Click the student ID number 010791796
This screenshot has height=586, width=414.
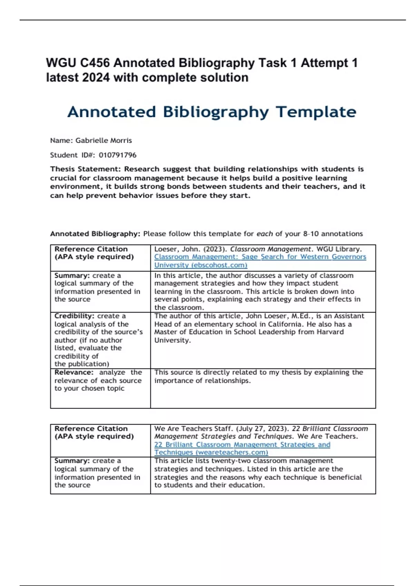pos(118,155)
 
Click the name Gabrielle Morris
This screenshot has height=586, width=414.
pos(103,141)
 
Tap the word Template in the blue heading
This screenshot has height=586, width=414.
pos(316,112)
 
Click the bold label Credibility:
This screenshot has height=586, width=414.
pos(74,316)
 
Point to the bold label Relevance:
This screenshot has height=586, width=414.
pos(74,372)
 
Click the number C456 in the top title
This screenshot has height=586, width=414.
pos(95,63)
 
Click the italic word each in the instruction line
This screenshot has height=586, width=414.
pos(265,234)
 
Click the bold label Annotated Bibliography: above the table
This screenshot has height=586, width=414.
pos(95,234)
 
